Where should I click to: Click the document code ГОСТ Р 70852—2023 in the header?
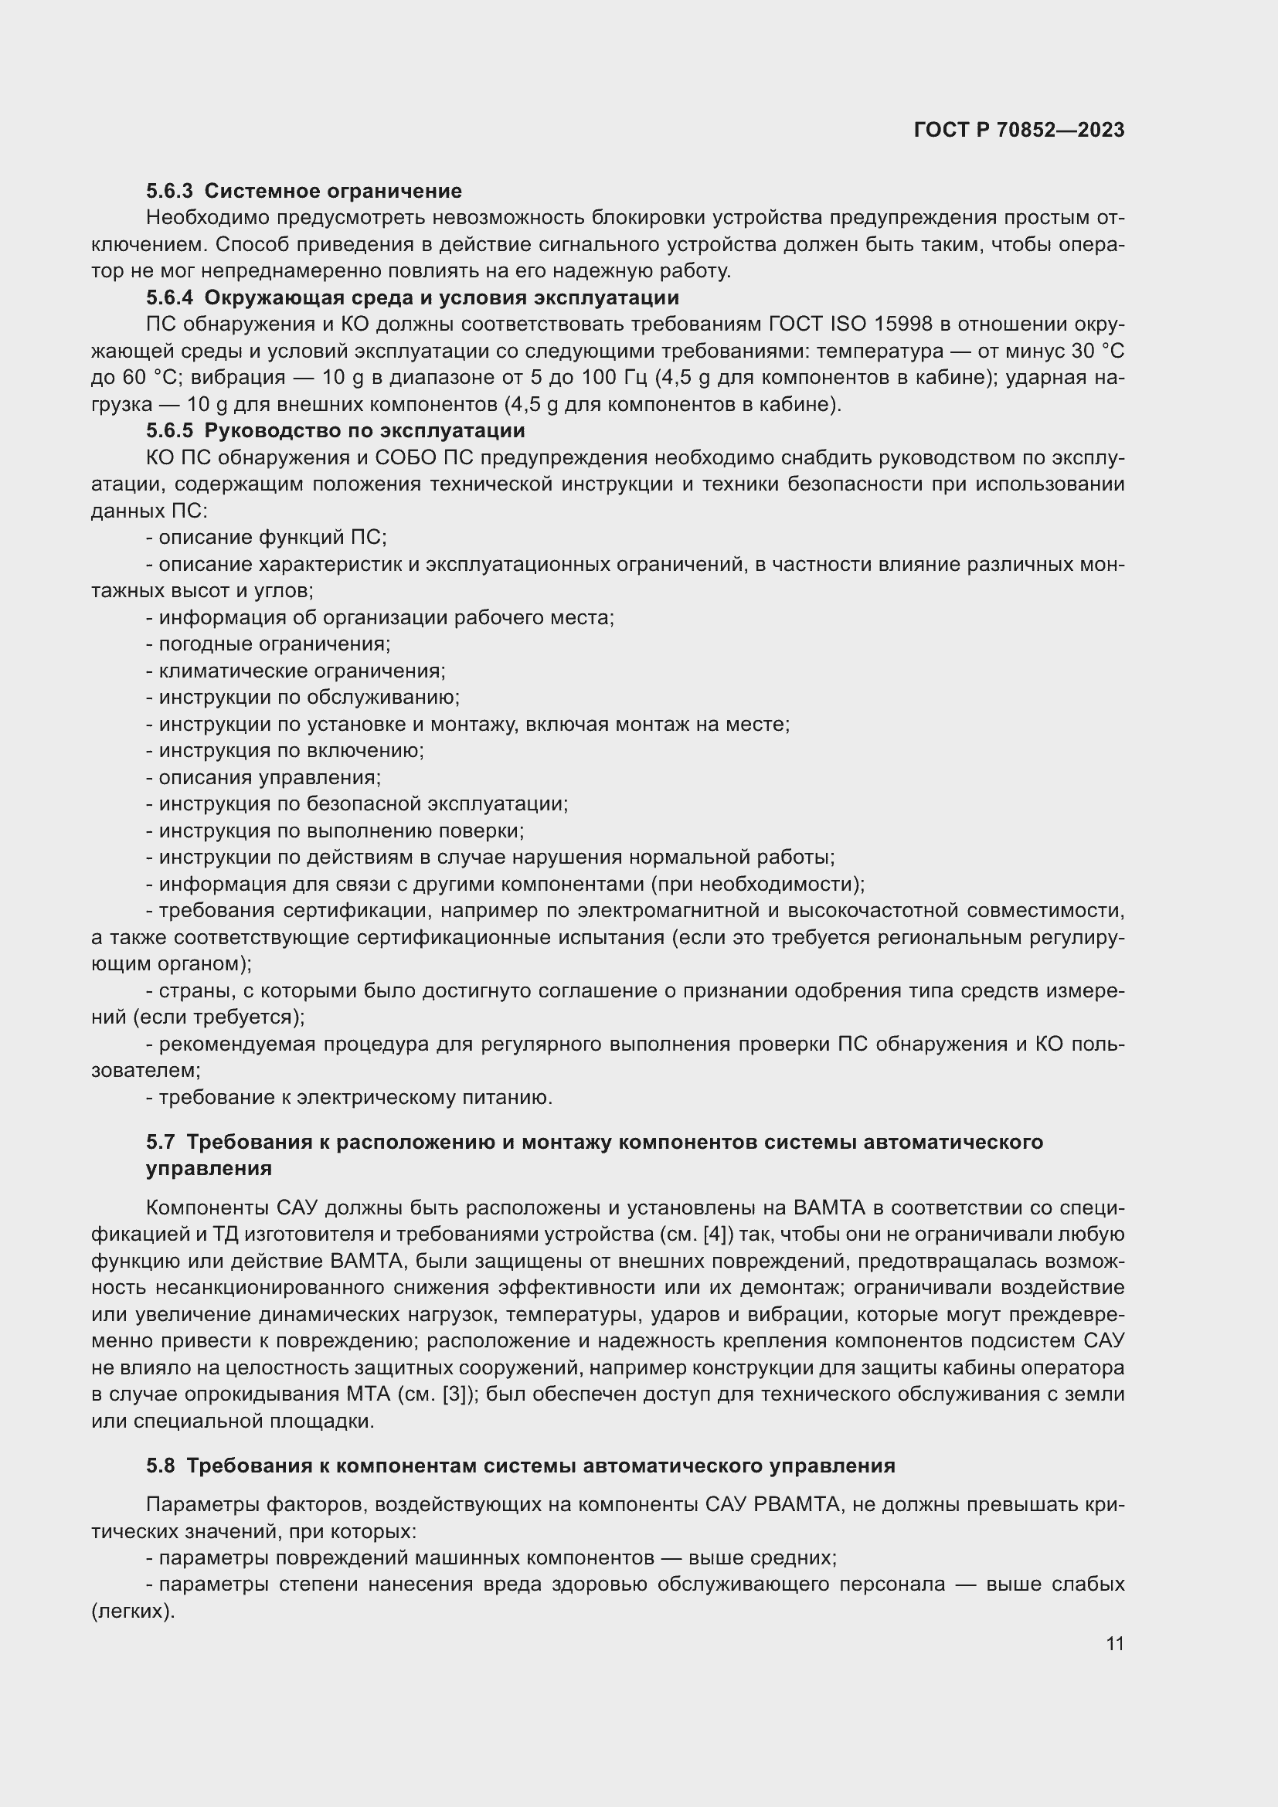tap(1018, 130)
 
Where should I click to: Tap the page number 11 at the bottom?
tap(1114, 1643)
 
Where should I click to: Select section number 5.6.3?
tap(169, 192)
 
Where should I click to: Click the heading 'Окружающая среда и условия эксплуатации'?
tap(441, 297)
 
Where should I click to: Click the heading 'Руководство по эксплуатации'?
tap(365, 430)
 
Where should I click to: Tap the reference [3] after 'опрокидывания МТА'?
tap(457, 1394)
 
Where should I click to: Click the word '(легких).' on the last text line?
tap(132, 1612)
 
